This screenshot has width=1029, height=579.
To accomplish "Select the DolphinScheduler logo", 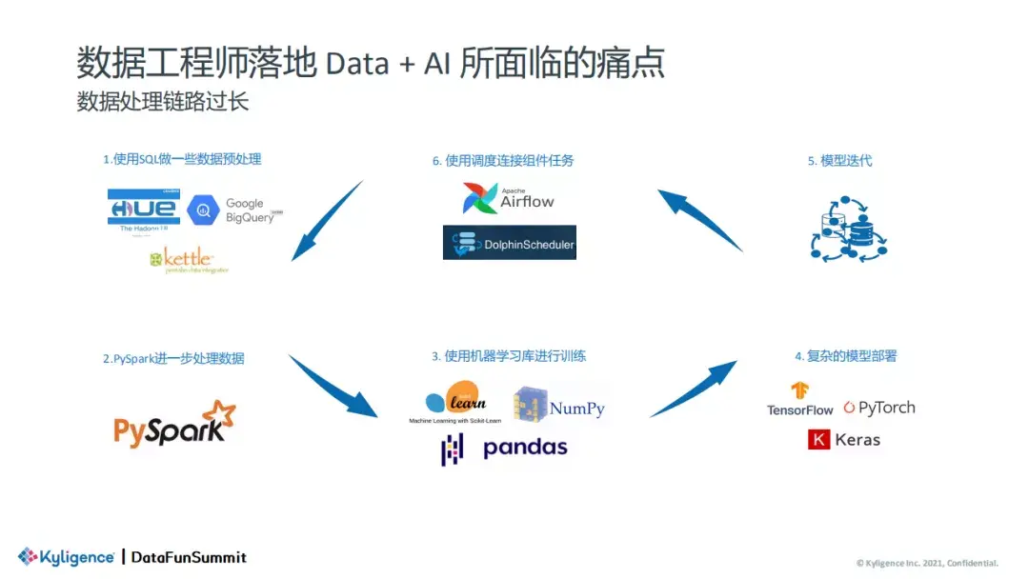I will [x=510, y=243].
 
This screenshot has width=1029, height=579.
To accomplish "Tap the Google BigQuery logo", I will [x=234, y=210].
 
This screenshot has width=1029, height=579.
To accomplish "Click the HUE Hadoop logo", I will [x=143, y=209].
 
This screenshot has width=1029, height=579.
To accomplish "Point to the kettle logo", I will [x=189, y=259].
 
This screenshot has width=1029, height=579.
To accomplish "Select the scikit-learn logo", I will [x=455, y=401].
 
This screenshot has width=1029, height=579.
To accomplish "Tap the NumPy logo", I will [x=559, y=407].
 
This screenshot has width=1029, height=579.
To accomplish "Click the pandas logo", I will [x=504, y=448].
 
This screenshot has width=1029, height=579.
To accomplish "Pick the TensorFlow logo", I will [x=799, y=399].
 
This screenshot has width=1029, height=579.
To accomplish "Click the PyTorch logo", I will [x=878, y=408].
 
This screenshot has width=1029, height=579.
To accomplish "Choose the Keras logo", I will [x=844, y=440].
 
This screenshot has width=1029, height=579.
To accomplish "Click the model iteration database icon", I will [x=848, y=229].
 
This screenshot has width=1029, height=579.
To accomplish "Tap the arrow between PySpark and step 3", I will [x=333, y=387].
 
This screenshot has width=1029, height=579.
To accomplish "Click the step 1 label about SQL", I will [x=182, y=159].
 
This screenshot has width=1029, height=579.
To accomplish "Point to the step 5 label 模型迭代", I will [x=839, y=161].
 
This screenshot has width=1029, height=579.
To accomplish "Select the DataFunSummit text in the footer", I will [x=188, y=557].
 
